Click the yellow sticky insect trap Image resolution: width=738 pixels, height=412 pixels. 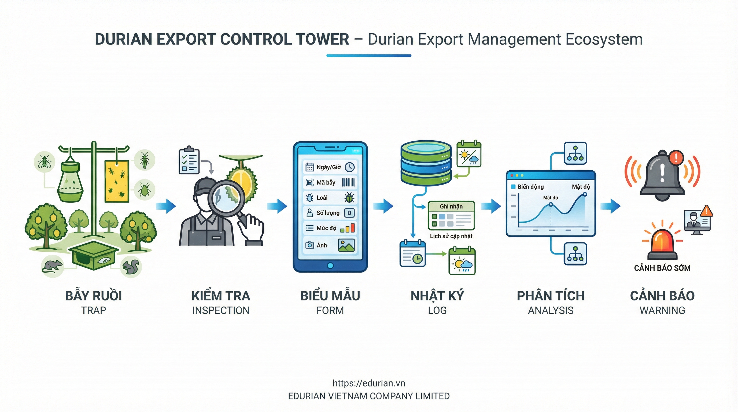[116, 181]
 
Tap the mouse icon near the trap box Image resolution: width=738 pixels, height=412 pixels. [53, 266]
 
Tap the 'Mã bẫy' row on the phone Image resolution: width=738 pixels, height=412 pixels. [330, 182]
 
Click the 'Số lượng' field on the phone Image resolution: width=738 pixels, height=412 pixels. [330, 213]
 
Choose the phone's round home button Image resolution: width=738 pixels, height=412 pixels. [330, 266]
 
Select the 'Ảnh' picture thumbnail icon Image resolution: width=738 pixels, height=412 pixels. [346, 245]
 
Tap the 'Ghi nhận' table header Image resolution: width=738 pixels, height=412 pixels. [451, 206]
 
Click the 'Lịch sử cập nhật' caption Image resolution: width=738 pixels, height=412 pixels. [451, 236]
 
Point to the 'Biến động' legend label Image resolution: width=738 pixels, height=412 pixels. [530, 187]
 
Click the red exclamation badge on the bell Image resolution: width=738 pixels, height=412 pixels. [676, 157]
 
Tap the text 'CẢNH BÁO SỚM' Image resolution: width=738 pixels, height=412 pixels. [662, 268]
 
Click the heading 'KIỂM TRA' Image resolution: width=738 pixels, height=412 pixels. [221, 296]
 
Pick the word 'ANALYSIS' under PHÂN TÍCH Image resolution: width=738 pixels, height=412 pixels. [551, 311]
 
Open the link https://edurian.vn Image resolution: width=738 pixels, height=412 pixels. [369, 383]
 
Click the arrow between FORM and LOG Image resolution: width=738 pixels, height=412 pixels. [383, 206]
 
